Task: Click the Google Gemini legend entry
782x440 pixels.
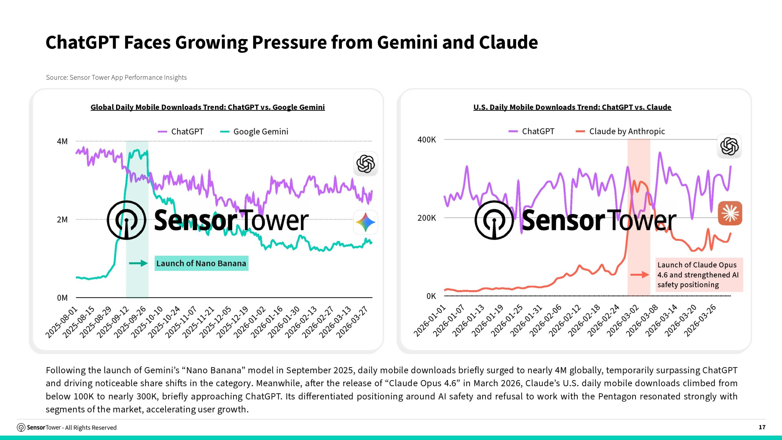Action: pos(254,132)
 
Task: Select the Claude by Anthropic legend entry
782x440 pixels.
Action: pos(620,131)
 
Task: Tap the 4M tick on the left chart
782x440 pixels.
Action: pos(62,141)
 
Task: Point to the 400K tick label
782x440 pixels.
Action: pos(427,140)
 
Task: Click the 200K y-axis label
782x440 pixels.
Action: pos(427,218)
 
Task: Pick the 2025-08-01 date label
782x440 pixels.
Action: pos(61,322)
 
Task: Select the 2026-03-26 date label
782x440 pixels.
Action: pos(700,321)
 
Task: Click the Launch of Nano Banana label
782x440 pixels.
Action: pos(201,263)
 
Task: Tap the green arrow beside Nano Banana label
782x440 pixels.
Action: pos(138,263)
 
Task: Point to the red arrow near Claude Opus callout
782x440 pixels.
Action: pos(640,275)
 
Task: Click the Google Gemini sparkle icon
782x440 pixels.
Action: pos(365,222)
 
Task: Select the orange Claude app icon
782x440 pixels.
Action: pos(730,213)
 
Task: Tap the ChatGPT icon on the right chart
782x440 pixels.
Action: pos(729,146)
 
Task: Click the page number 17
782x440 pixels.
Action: pos(762,427)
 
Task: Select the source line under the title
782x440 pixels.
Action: pos(116,78)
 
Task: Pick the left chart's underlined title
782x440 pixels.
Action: pos(208,107)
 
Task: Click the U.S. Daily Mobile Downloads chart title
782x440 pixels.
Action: pos(572,107)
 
